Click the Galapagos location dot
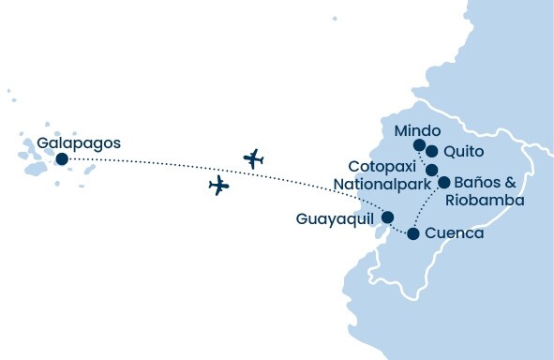tap(62, 159)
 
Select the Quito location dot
tap(432, 151)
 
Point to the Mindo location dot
tap(419, 145)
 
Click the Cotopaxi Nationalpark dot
tap(432, 170)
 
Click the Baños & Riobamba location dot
tap(444, 183)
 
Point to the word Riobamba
tap(485, 201)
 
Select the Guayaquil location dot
tap(387, 217)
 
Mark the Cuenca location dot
tap(412, 232)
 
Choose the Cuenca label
tap(455, 233)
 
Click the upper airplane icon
tap(253, 158)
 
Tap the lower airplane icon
tap(219, 186)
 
